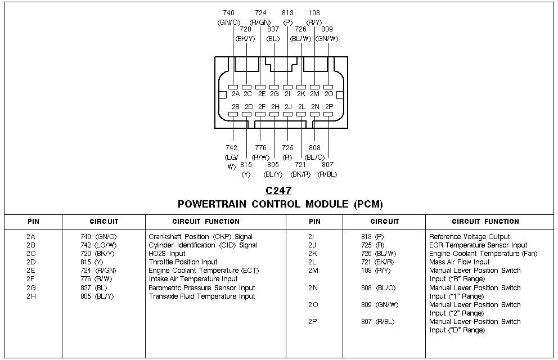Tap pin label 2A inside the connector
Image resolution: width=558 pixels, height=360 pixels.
(236, 94)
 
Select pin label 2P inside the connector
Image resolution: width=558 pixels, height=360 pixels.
(330, 106)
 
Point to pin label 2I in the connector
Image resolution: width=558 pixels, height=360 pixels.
(287, 94)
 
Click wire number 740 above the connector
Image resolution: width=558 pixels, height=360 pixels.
(229, 12)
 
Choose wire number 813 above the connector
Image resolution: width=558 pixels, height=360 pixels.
(287, 12)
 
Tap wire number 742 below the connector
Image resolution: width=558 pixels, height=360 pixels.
(231, 148)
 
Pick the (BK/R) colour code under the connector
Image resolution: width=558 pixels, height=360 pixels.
(300, 174)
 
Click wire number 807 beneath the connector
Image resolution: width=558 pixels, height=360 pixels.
(327, 165)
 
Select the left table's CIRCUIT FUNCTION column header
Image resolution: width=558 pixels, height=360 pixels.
(206, 222)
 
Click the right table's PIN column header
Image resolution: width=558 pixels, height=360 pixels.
(314, 222)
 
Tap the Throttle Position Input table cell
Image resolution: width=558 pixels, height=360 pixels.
(183, 262)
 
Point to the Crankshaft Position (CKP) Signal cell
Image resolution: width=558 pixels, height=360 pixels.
(200, 237)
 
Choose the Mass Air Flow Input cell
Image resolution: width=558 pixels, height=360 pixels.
(459, 262)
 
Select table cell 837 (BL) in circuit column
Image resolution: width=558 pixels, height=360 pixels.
(93, 288)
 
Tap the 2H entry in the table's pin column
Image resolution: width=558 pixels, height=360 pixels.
(31, 296)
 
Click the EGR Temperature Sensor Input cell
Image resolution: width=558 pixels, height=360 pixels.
(478, 245)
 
